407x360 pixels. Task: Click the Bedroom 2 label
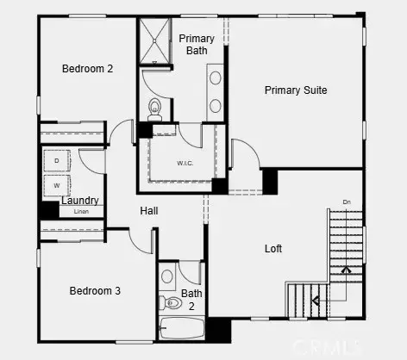87,68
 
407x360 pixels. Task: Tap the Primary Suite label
295,90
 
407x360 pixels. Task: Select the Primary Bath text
197,45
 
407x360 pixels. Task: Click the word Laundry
80,201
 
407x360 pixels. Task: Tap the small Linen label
81,211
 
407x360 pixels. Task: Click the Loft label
273,250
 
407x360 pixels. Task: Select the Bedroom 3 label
95,291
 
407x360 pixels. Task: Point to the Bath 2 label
192,299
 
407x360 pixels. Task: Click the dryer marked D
57,161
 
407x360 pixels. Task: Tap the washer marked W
57,184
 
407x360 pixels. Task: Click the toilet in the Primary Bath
155,108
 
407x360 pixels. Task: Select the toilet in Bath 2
166,302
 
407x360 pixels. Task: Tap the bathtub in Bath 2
181,329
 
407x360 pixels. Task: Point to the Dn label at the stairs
347,202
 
